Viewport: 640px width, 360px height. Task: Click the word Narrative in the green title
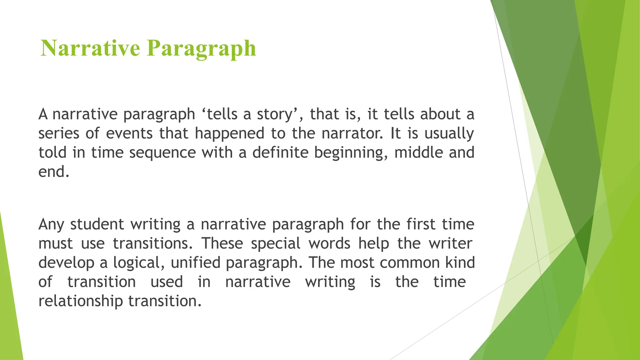[x=90, y=48]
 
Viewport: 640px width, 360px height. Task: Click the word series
[x=59, y=133]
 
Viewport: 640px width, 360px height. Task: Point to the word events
[x=129, y=133]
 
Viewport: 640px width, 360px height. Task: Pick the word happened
[x=230, y=133]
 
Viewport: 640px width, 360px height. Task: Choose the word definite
[x=280, y=152]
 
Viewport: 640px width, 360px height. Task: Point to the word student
[x=97, y=224]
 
